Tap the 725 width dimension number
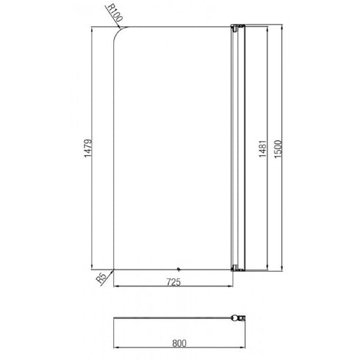coord(175,281)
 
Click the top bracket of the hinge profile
coord(235,29)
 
